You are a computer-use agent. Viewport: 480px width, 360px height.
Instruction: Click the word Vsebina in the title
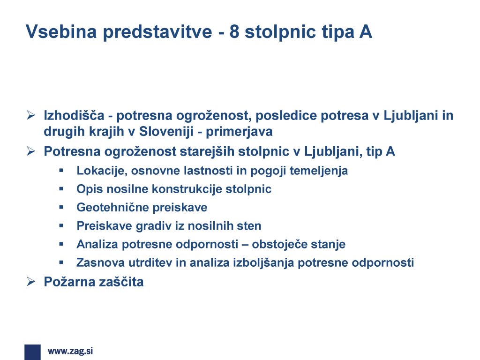point(61,31)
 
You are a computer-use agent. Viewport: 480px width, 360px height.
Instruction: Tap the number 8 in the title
point(234,31)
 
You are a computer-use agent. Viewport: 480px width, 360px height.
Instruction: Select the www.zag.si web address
point(70,351)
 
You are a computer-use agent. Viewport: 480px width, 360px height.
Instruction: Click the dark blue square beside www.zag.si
point(32,352)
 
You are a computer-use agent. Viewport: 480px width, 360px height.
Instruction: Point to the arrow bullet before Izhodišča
point(30,115)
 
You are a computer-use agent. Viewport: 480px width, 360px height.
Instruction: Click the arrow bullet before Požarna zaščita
point(30,281)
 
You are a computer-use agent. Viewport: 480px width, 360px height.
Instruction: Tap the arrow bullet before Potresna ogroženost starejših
point(30,151)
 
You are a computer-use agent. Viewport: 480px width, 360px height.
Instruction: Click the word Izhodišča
point(74,115)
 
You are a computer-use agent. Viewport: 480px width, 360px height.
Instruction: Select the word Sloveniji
point(166,132)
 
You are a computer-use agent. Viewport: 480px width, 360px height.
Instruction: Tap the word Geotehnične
point(112,207)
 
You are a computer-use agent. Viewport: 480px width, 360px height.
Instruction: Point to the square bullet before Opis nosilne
point(61,189)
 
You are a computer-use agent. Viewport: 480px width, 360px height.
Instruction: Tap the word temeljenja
point(319,171)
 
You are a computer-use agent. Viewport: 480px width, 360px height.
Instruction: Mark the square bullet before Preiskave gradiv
point(61,225)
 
